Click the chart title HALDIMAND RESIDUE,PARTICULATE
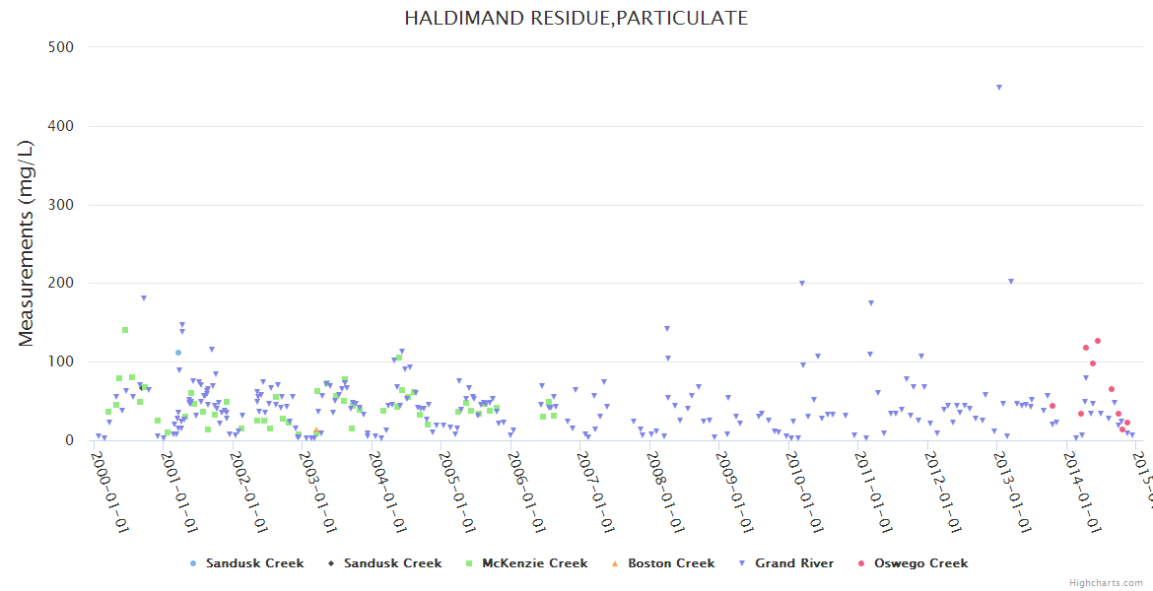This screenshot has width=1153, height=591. (576, 19)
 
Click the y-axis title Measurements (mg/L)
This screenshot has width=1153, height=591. (27, 243)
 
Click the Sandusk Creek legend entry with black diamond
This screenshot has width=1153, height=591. (392, 563)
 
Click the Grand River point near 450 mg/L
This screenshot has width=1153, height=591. (999, 88)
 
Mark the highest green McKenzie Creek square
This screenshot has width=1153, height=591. (125, 330)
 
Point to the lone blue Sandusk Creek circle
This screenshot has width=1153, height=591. (178, 353)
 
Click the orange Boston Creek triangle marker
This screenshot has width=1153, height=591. (315, 430)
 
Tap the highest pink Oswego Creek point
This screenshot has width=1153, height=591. (1098, 341)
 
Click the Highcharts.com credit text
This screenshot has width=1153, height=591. (1106, 583)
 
